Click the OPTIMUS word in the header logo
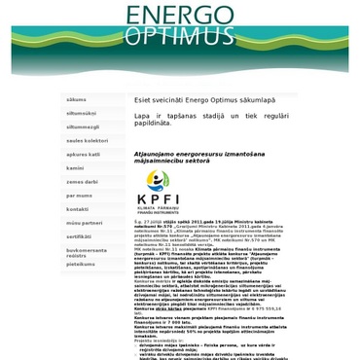click(x=179, y=36)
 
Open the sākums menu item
click(x=76, y=99)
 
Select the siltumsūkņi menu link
click(x=82, y=113)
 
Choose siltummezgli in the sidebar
click(x=83, y=126)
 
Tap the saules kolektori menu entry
click(x=87, y=140)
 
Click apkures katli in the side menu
click(x=83, y=154)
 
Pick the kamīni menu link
click(x=75, y=167)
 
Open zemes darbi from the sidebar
click(x=82, y=181)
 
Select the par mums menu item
click(x=79, y=195)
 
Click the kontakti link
click(x=78, y=208)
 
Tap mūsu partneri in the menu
click(x=84, y=223)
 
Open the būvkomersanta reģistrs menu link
click(x=87, y=252)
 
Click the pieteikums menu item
click(x=81, y=264)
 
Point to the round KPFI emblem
click(x=158, y=180)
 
